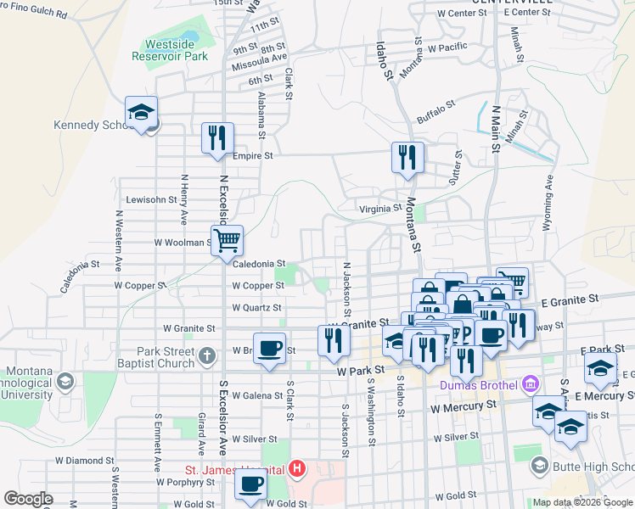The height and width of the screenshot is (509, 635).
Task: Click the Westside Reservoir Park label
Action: pyautogui.click(x=170, y=50)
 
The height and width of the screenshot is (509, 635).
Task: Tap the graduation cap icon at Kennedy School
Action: pyautogui.click(x=142, y=113)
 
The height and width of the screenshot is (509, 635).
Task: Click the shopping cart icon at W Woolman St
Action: pyautogui.click(x=228, y=241)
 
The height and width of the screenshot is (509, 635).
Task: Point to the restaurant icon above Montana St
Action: pyautogui.click(x=407, y=158)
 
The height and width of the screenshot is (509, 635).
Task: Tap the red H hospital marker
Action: pyautogui.click(x=296, y=468)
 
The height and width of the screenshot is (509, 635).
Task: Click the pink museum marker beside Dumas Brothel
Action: pyautogui.click(x=531, y=385)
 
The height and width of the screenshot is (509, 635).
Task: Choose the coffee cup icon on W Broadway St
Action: pyautogui.click(x=270, y=348)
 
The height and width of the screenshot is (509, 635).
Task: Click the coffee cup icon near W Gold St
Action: pyautogui.click(x=250, y=485)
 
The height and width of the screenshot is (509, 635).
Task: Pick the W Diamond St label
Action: pyautogui.click(x=85, y=461)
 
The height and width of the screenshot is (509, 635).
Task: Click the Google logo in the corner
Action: pyautogui.click(x=28, y=499)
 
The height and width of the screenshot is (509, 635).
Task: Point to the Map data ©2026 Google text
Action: pyautogui.click(x=582, y=502)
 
